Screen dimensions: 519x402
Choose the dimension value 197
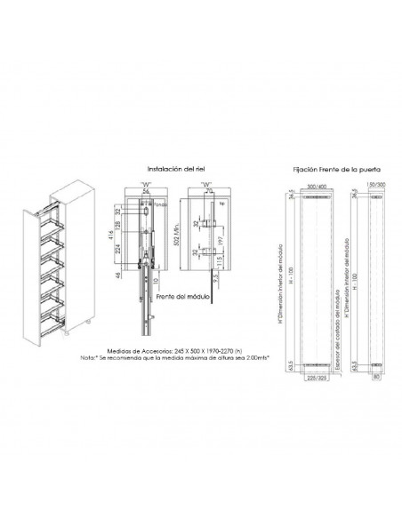(221, 239)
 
